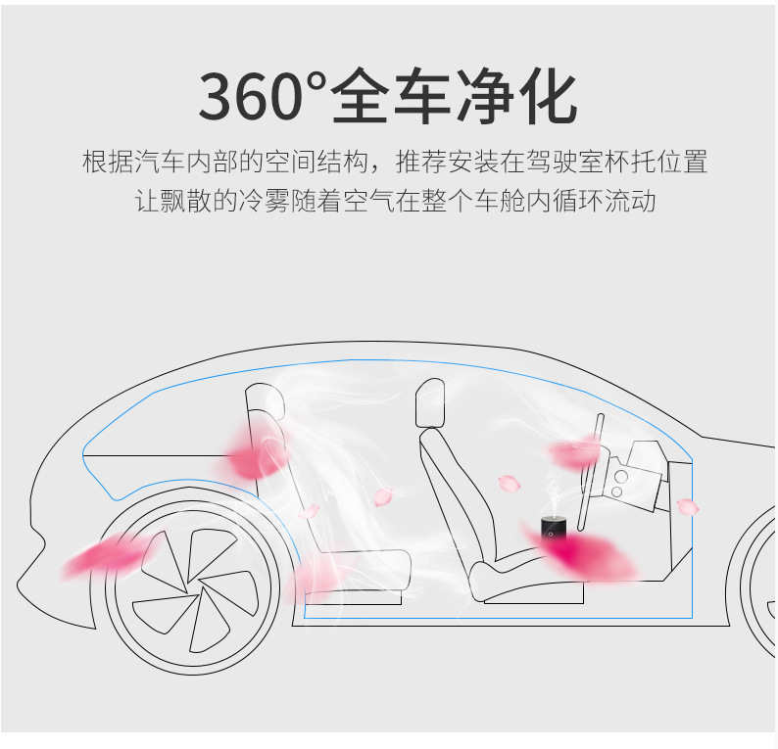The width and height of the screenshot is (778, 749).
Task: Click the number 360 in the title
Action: click(251, 96)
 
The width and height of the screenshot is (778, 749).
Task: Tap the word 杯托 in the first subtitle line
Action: click(643, 162)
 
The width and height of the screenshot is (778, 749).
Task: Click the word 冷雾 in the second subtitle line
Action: click(263, 201)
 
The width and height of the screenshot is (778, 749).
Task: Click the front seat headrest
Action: click(430, 402)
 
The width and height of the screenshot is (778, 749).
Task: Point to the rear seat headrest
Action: click(265, 401)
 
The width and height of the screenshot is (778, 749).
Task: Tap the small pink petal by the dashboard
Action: click(688, 506)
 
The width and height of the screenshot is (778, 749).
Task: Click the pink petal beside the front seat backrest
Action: click(510, 483)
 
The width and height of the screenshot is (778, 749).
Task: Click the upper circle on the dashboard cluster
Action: click(620, 477)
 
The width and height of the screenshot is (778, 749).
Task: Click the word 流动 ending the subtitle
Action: click(630, 201)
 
